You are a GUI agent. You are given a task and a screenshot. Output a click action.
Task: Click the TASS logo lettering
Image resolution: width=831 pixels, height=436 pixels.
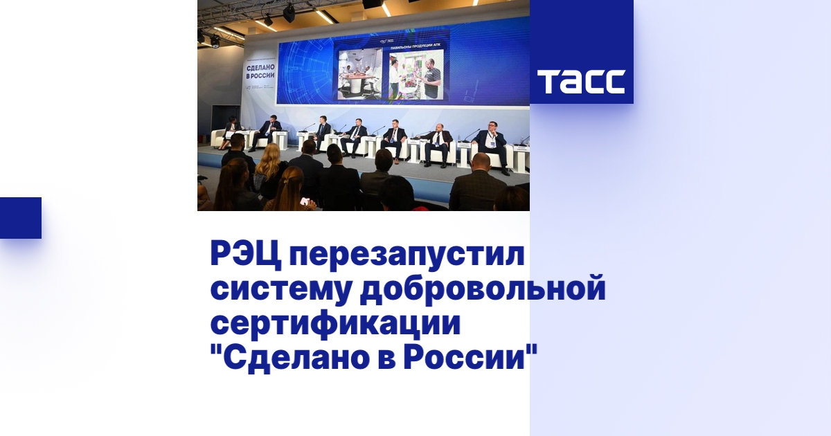coord(581,82)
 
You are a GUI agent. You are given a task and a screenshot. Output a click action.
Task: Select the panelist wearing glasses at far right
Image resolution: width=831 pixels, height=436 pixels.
coord(492,142)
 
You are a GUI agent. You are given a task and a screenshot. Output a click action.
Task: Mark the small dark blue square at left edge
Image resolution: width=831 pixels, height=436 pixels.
coord(21,217)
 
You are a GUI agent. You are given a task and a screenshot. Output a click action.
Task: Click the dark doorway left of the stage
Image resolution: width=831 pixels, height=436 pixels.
coord(217,118)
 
